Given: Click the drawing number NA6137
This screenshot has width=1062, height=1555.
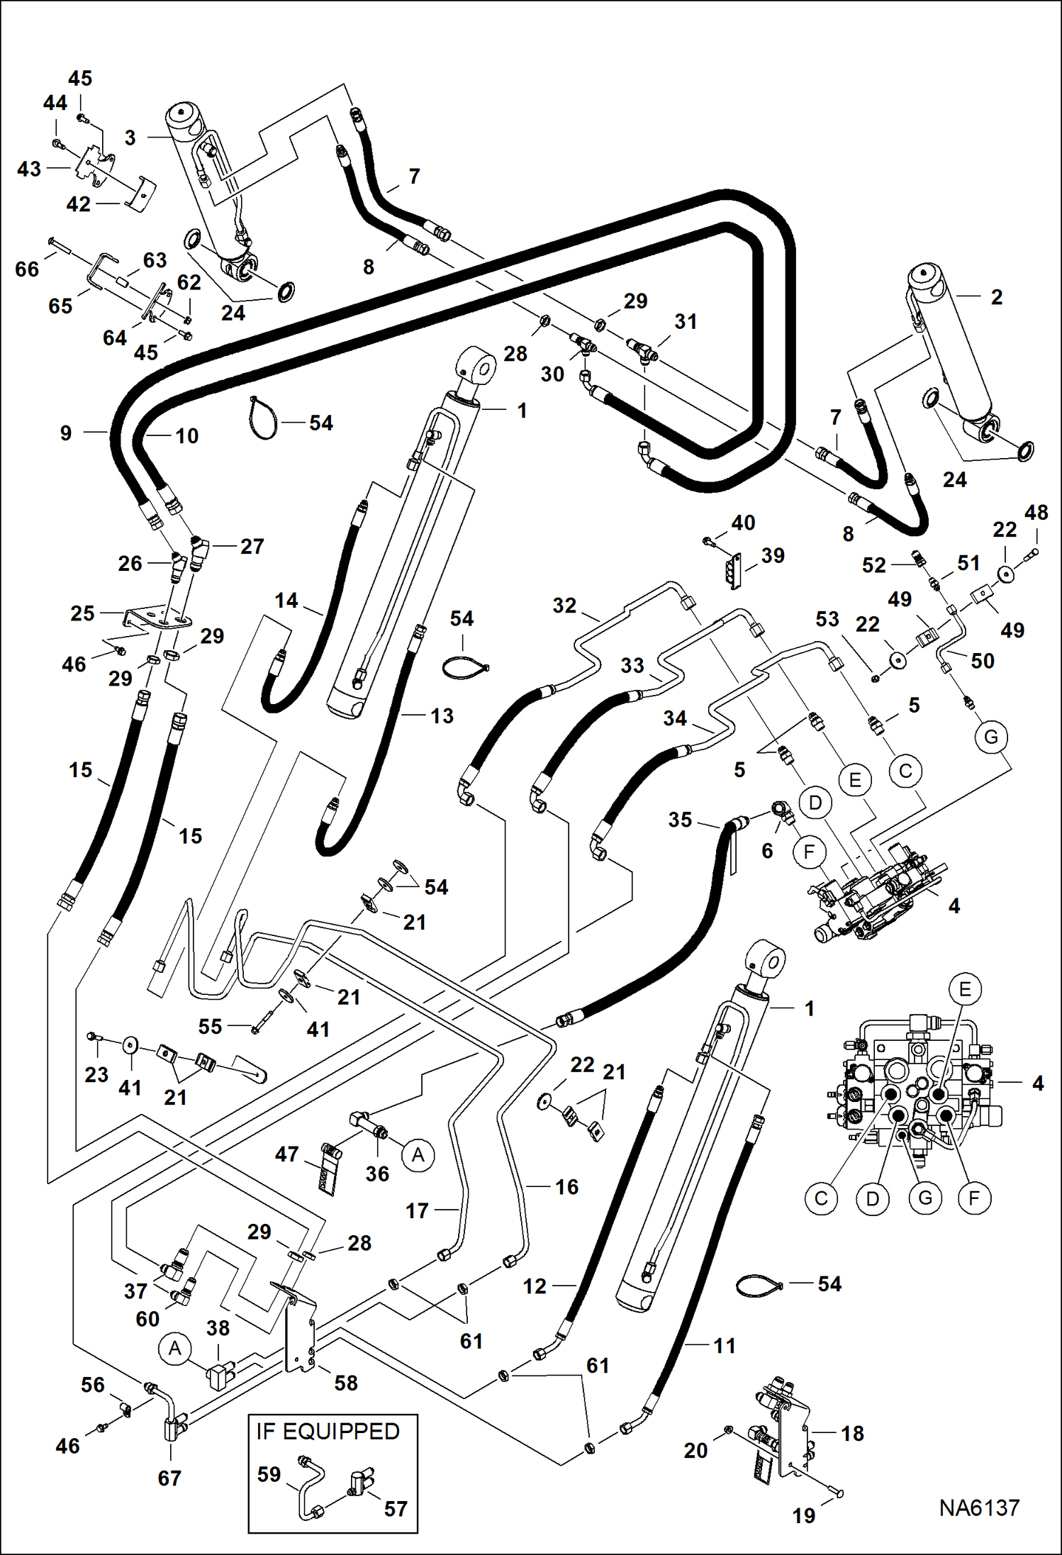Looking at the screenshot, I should [979, 1507].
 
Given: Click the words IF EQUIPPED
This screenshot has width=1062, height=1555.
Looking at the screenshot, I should [328, 1431].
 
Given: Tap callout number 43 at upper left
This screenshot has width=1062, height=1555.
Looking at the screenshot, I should [29, 169].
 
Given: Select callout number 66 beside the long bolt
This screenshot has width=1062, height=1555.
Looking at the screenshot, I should [27, 269].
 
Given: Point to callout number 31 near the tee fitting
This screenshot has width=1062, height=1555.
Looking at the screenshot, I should [686, 321].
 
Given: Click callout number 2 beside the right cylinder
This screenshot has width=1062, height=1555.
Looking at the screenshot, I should [996, 296].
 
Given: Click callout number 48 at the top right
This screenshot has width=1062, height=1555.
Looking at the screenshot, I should [1036, 512].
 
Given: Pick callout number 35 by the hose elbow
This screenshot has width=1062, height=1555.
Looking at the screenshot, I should [680, 820].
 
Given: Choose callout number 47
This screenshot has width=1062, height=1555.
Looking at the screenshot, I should [286, 1154].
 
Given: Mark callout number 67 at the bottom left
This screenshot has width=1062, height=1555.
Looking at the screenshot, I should [169, 1478].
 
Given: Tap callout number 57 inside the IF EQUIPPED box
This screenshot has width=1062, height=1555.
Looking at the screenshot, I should [396, 1508].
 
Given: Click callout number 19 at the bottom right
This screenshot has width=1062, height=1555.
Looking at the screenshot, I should [803, 1515].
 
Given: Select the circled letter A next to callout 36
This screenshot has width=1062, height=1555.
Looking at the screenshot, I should [418, 1155].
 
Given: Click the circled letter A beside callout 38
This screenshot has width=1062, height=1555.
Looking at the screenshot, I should [175, 1348].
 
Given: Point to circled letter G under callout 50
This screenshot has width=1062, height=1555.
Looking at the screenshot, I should [991, 737].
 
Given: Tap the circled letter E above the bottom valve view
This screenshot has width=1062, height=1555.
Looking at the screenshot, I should [965, 989].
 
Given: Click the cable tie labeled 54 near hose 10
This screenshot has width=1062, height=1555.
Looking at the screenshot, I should [262, 420].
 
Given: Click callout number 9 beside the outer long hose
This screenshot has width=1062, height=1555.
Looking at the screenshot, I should [66, 433].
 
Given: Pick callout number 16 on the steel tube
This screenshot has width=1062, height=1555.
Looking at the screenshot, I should [566, 1186].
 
